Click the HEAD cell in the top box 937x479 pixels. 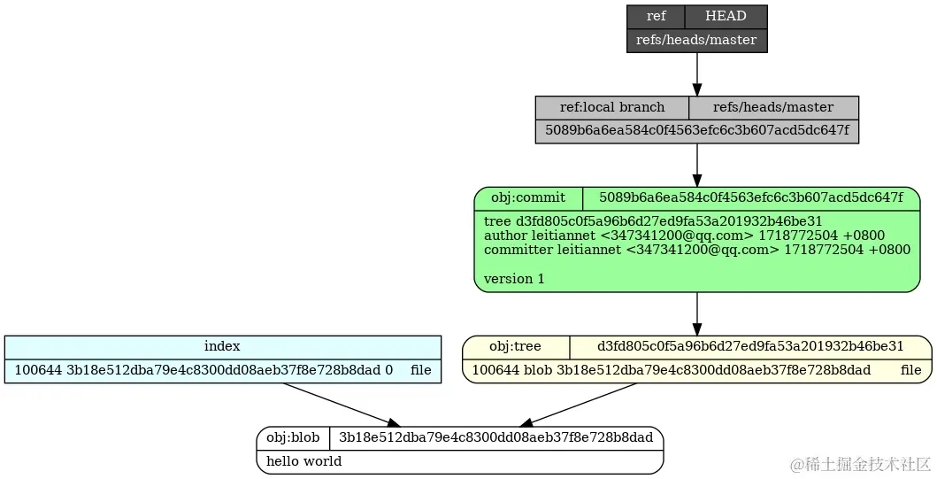(x=726, y=17)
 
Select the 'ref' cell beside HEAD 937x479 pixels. (x=656, y=17)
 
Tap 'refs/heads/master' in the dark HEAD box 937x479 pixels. (x=696, y=40)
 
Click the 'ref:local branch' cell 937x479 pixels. (x=611, y=107)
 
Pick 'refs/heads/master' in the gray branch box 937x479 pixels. (x=773, y=107)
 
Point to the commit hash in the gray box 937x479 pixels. (x=696, y=131)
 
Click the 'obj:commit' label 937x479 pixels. (x=528, y=197)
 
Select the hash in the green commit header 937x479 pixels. (x=751, y=197)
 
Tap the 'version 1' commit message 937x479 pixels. (x=514, y=278)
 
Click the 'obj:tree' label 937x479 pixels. (x=516, y=346)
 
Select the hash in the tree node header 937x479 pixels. (x=750, y=346)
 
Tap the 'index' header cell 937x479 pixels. (x=222, y=346)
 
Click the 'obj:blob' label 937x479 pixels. (x=294, y=437)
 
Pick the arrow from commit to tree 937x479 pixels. (x=697, y=313)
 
